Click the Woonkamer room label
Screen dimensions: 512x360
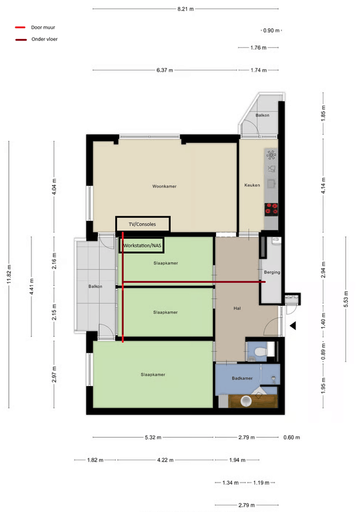[x=164, y=186]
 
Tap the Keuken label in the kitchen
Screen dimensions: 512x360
[x=252, y=185]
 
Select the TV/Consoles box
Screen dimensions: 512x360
[x=143, y=224]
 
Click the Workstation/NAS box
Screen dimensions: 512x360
[x=143, y=246]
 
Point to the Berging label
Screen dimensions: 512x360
[x=272, y=273]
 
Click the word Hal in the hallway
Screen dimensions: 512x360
[x=236, y=309]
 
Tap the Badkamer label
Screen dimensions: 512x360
[x=242, y=379]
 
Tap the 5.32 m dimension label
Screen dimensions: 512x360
[x=153, y=438]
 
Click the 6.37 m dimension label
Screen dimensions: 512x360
[x=165, y=70]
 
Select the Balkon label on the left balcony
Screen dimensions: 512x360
[x=95, y=286]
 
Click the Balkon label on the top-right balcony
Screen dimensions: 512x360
[x=262, y=115]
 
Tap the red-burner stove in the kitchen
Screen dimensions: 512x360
[x=271, y=208]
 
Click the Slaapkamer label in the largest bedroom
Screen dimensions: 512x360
[x=153, y=374]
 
